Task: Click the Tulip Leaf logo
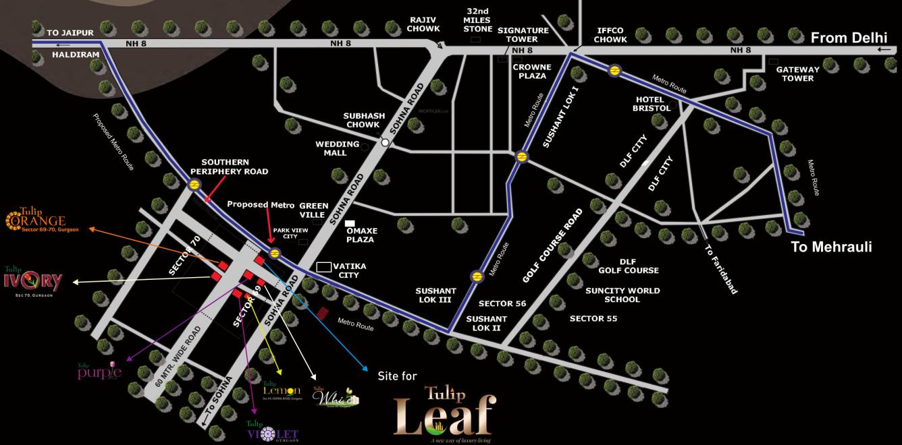click(x=445, y=413)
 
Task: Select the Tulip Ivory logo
click(x=33, y=280)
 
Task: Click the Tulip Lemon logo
click(x=282, y=390)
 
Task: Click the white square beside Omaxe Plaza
click(x=350, y=223)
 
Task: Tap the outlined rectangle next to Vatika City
click(x=324, y=267)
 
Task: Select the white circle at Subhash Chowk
click(x=385, y=142)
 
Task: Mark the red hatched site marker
click(x=323, y=314)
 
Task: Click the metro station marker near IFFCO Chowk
click(x=614, y=70)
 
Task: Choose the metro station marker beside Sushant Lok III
click(x=477, y=276)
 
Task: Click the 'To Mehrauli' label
click(x=831, y=247)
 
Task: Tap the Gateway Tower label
click(x=797, y=73)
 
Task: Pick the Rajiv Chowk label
click(x=424, y=24)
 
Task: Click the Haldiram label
click(x=76, y=55)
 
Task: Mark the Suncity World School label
click(x=622, y=295)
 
